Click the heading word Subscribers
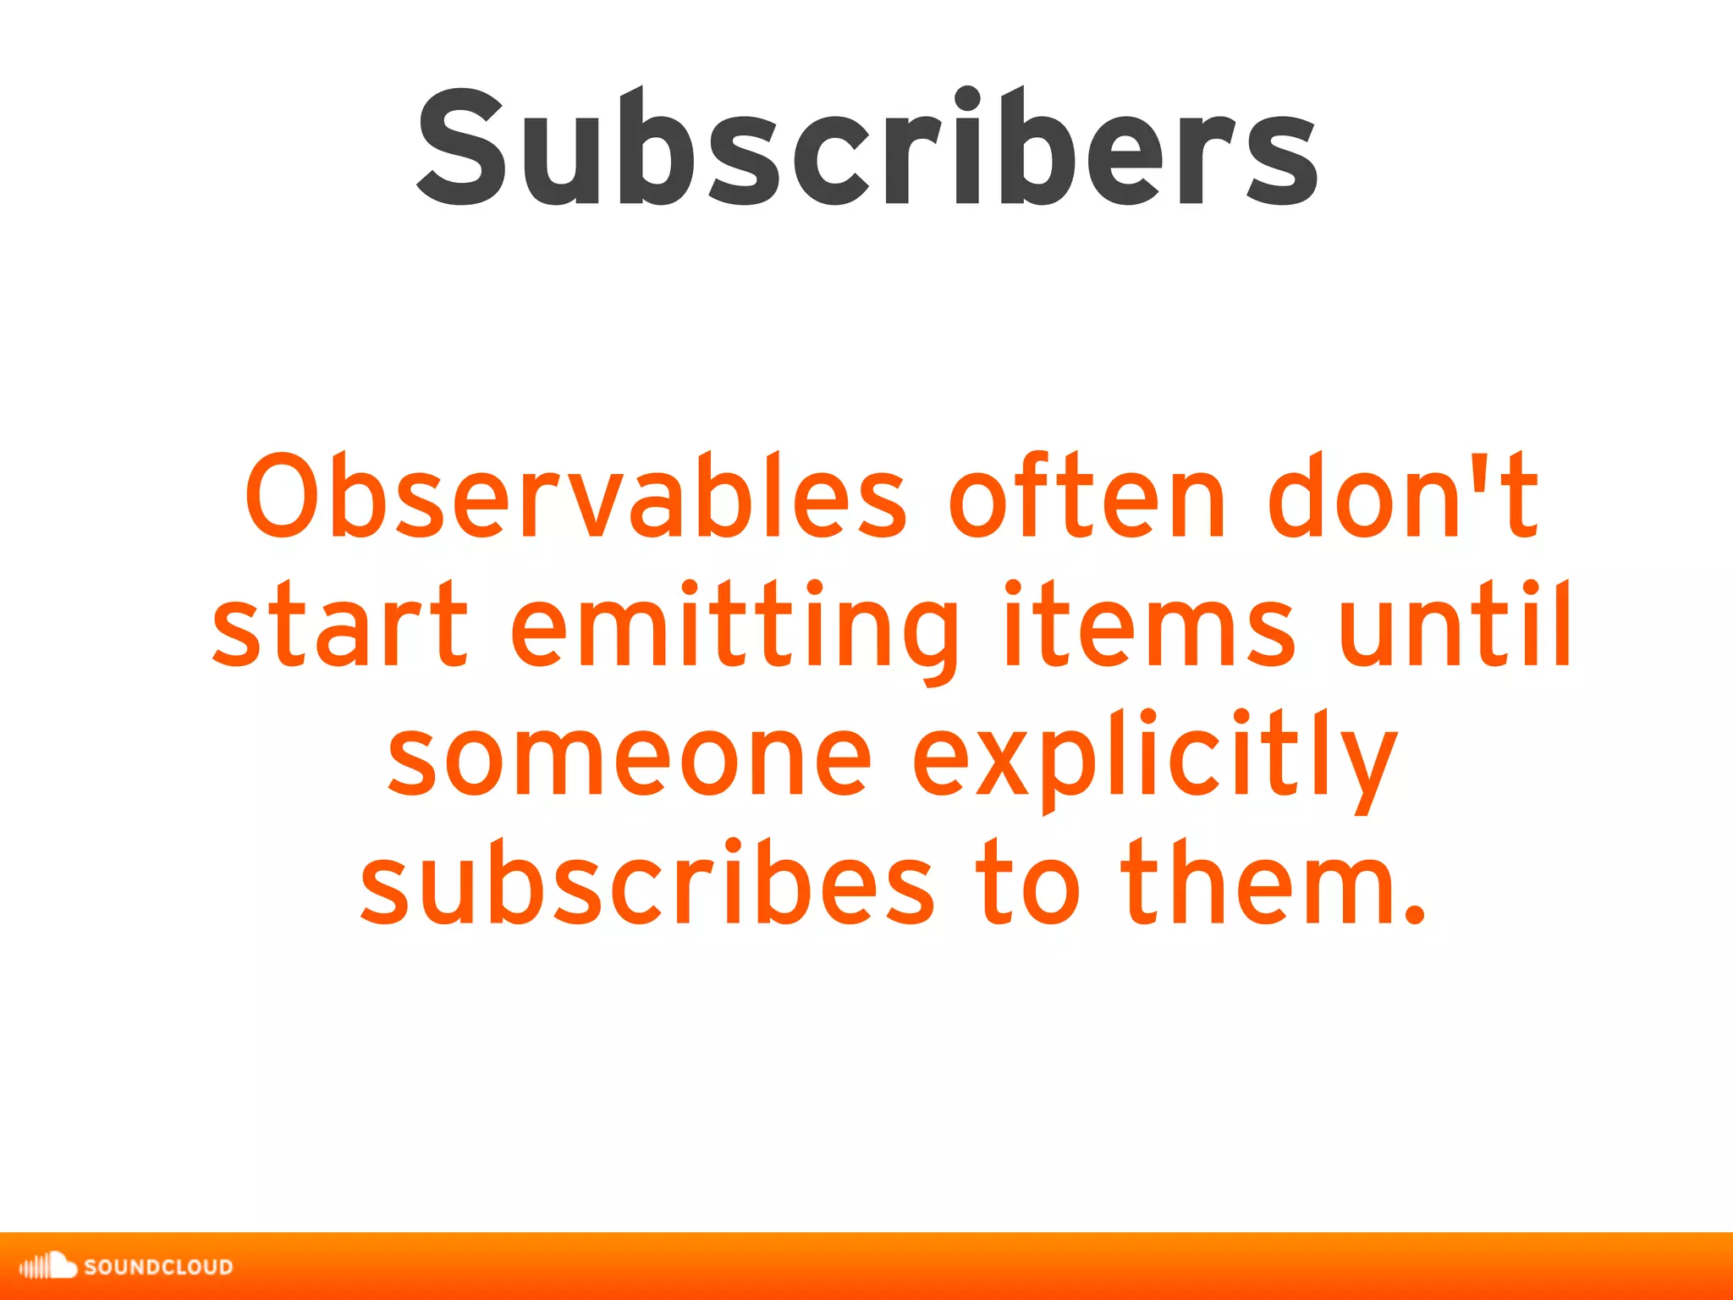(866, 148)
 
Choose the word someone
(630, 757)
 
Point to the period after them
(1414, 914)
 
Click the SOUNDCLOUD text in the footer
(158, 1267)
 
